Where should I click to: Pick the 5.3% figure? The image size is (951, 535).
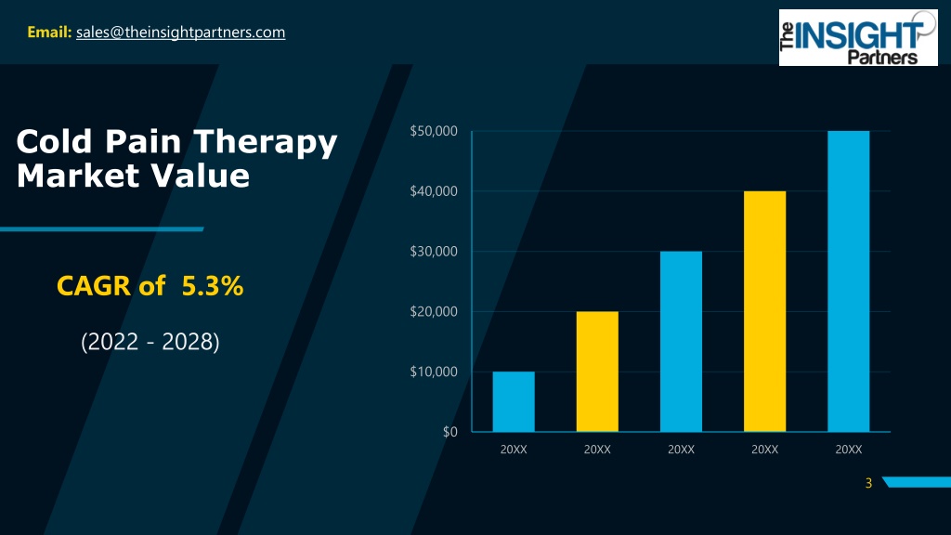[213, 288]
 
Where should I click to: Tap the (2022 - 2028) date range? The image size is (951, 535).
[150, 342]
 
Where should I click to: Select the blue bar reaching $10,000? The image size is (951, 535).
[513, 401]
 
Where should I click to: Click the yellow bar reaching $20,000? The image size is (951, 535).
[597, 372]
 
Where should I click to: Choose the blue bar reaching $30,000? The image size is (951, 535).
[681, 341]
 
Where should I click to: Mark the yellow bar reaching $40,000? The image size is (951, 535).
[764, 311]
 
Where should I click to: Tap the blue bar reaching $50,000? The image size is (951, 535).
[848, 281]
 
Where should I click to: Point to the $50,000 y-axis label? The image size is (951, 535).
[433, 131]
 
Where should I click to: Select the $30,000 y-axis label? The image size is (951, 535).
[433, 252]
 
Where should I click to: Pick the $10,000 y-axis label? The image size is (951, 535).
[433, 372]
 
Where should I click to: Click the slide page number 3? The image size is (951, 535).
[868, 482]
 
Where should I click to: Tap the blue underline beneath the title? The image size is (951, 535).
[101, 228]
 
